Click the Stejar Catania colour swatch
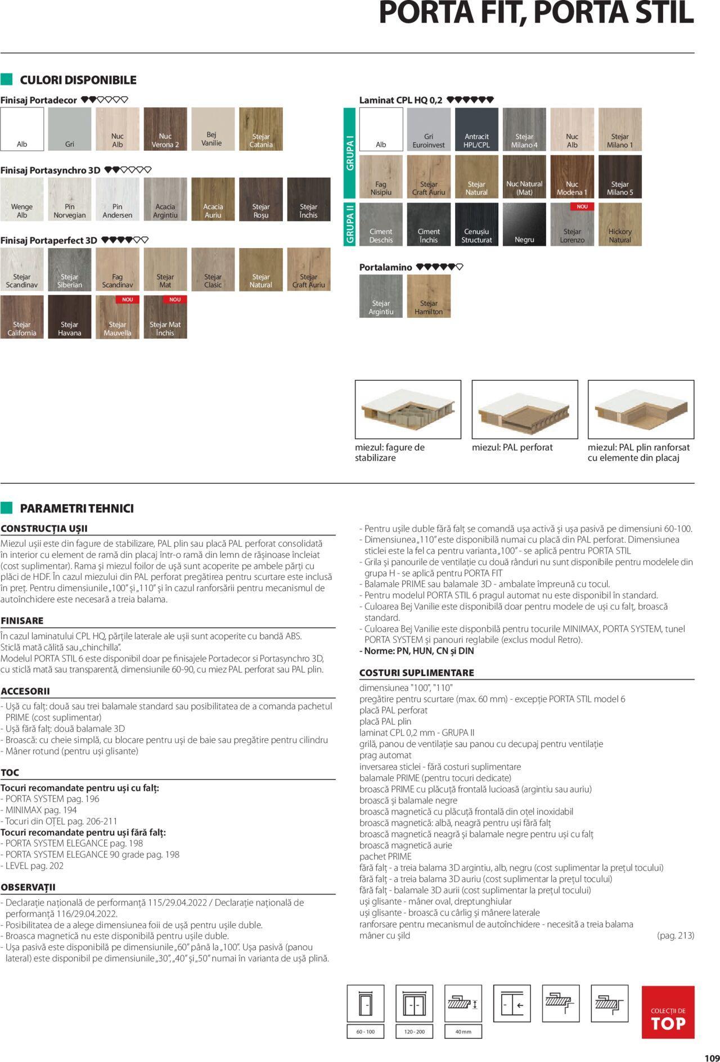tap(261, 129)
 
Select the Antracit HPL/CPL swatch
tap(476, 129)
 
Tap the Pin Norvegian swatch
tap(70, 199)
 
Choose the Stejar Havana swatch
tap(70, 317)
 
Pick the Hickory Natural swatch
tap(620, 224)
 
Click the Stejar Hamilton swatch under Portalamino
tap(429, 296)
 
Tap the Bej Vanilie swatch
tap(213, 129)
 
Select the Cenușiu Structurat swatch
tap(476, 224)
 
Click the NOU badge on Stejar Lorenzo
tap(582, 207)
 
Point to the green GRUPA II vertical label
tap(350, 224)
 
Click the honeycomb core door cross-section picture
tap(408, 409)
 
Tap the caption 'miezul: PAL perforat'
tap(512, 448)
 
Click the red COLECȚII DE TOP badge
tap(668, 1012)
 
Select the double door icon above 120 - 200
tap(414, 1003)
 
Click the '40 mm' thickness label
tap(463, 1032)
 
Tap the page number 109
tap(711, 1057)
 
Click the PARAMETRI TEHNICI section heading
tap(76, 508)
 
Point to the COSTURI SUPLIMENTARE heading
tap(417, 673)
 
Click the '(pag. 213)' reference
tap(675, 935)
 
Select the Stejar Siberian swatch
tap(70, 269)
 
